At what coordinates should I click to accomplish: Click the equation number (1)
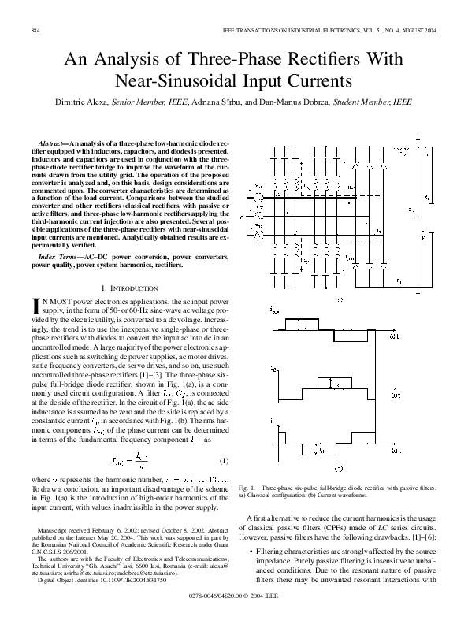[x=224, y=459]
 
